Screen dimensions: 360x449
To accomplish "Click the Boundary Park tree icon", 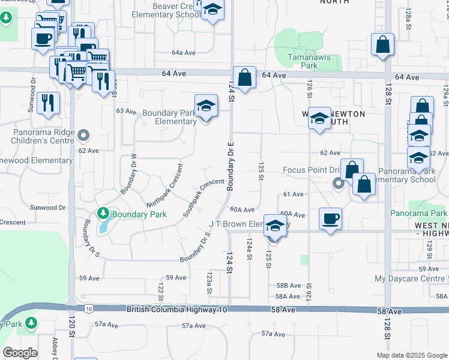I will [103, 213].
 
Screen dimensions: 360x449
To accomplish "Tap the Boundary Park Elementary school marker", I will [205, 106].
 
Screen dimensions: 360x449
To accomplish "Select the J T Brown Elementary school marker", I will [275, 226].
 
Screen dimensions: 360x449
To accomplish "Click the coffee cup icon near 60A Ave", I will [330, 218].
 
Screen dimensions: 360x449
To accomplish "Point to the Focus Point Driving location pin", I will [338, 184].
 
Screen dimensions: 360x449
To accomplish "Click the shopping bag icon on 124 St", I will [244, 77].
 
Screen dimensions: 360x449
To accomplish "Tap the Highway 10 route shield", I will [88, 309].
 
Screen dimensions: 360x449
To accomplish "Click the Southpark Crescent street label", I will [203, 197].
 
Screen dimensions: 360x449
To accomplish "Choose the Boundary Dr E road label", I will [230, 167].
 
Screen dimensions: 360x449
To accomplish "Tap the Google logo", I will [20, 353].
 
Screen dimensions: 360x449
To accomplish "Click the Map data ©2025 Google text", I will [411, 355].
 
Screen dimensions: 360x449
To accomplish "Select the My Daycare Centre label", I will [411, 279].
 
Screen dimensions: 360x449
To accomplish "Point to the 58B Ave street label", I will [288, 286].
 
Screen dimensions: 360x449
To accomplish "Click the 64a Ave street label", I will [185, 53].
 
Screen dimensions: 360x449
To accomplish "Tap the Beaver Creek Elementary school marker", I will [212, 10].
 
